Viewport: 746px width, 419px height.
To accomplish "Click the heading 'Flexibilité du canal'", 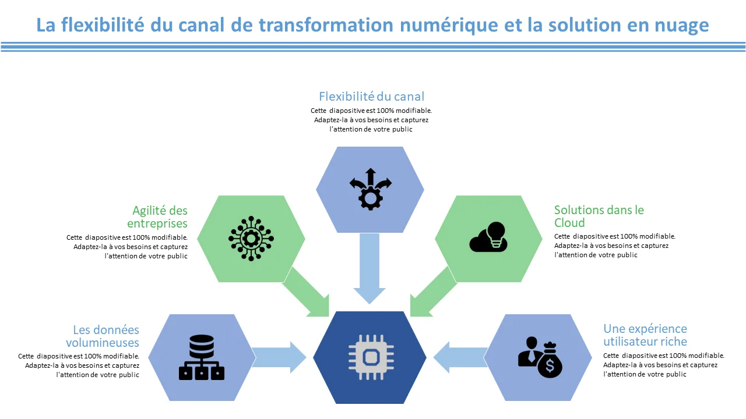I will click(x=371, y=97).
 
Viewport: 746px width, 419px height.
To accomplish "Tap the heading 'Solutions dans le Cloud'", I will click(x=599, y=216).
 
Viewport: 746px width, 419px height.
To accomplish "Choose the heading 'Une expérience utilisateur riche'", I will click(x=645, y=335).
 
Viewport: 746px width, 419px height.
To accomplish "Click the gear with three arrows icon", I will click(x=370, y=189).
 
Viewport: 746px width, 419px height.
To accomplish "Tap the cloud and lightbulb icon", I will click(x=488, y=237).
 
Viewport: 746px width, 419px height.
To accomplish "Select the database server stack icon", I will click(x=202, y=357).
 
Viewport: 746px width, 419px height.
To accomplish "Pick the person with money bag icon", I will click(x=540, y=357).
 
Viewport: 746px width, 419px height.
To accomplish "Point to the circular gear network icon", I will click(x=251, y=238).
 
